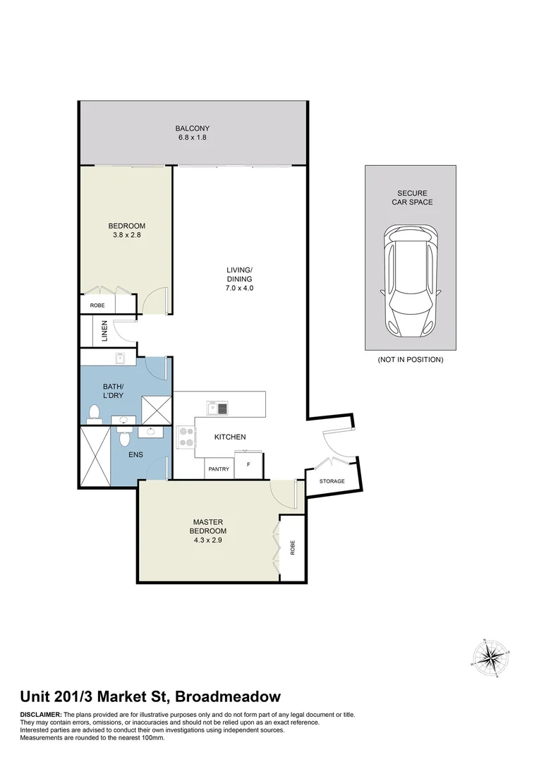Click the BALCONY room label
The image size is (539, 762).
point(193,128)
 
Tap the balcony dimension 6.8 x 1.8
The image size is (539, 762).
point(193,138)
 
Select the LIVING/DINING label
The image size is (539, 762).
point(239,274)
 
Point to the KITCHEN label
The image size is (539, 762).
point(230,437)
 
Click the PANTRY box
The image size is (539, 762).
point(219,468)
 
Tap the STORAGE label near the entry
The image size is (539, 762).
point(332,481)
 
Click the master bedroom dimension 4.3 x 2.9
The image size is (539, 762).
point(208,540)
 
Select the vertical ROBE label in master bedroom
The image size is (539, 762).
point(293,548)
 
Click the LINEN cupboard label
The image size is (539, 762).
point(104,332)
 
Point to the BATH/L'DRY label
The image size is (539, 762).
point(113,391)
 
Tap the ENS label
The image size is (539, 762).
point(135,455)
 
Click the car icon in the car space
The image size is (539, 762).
point(410,280)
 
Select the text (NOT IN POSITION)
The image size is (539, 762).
point(410,360)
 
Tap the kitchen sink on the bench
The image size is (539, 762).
point(217,408)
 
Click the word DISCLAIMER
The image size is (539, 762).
point(41,715)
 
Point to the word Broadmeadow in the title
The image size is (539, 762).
point(228,696)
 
